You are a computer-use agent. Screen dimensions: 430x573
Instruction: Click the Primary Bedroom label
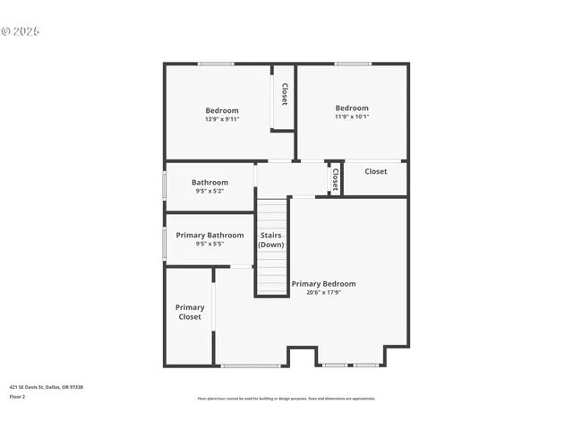pos(323,284)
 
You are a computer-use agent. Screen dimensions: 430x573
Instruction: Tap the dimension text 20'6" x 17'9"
pos(323,292)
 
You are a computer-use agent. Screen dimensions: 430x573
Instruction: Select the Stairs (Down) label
pos(271,240)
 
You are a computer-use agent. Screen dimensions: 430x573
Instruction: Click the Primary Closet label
pos(190,312)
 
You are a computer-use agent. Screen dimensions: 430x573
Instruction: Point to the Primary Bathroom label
pos(210,236)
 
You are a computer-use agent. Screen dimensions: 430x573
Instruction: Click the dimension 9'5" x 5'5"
pos(210,244)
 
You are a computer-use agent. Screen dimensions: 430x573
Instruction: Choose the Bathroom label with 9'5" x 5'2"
pos(210,183)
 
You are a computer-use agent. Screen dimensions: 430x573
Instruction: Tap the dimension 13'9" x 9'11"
pos(222,119)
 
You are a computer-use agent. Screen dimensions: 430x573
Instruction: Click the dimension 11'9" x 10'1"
pos(352,116)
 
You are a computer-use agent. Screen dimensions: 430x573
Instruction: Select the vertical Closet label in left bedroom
pos(284,95)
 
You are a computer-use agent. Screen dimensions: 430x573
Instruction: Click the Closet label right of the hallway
pos(376,171)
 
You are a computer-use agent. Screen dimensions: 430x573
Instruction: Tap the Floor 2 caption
pos(17,396)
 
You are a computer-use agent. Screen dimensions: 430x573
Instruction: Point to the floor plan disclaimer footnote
pos(286,399)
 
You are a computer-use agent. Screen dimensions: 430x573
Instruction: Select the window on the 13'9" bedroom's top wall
pos(216,64)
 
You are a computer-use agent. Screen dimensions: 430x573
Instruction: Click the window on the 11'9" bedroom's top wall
pos(353,64)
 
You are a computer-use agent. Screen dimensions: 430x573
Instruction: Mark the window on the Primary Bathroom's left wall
pos(165,243)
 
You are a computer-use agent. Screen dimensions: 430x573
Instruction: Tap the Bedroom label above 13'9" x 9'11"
pos(222,111)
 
